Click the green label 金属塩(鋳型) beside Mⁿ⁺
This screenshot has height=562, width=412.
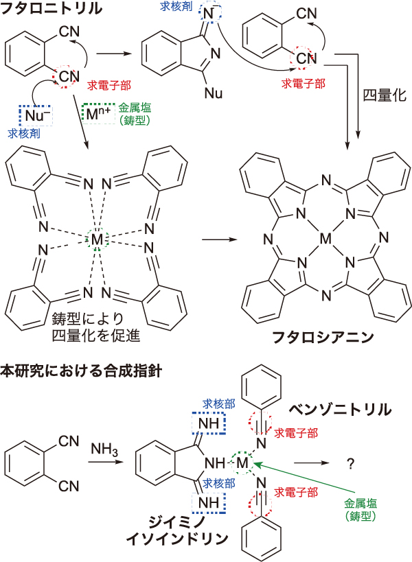coord(137,113)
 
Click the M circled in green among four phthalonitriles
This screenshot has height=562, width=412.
coord(97,239)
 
